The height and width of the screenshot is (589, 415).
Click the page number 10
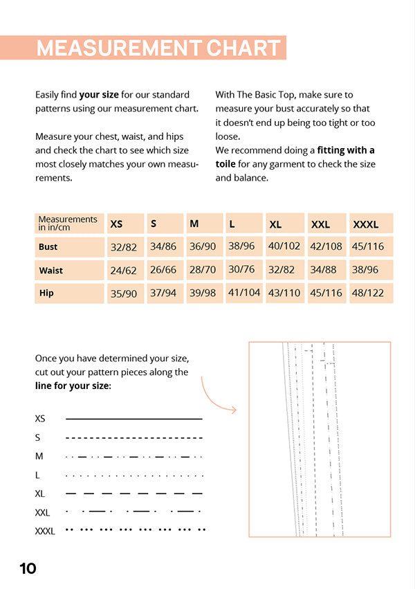tap(28, 569)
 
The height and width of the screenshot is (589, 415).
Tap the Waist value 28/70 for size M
tap(203, 270)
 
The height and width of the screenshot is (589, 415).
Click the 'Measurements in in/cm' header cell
tap(69, 223)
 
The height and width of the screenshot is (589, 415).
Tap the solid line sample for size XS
tap(134, 419)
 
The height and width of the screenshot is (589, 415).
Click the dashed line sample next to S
tap(134, 438)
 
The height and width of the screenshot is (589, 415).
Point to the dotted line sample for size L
tap(134, 475)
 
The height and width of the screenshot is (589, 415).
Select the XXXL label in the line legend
tap(45, 532)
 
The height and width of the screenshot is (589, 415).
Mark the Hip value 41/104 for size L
tap(244, 293)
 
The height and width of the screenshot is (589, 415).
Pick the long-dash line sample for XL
tap(134, 493)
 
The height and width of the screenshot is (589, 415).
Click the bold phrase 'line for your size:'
tap(73, 386)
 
